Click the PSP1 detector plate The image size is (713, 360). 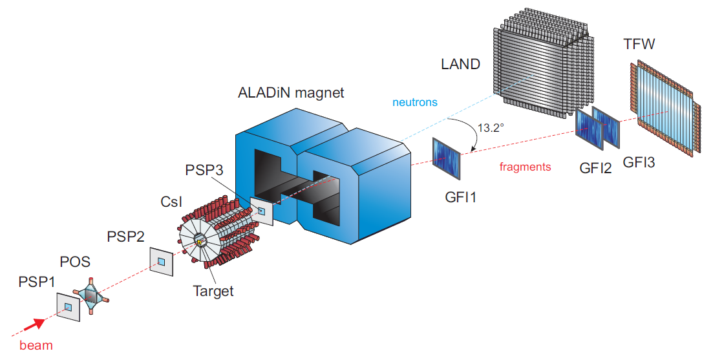click(x=68, y=308)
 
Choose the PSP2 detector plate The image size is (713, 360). click(x=162, y=261)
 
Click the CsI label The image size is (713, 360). click(x=171, y=202)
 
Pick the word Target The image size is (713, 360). click(x=213, y=291)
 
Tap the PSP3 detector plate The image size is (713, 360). click(x=262, y=211)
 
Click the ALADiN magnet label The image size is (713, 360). click(x=292, y=93)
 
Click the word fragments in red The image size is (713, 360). click(x=525, y=167)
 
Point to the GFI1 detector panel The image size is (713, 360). click(x=447, y=158)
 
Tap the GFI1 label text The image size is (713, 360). click(x=460, y=198)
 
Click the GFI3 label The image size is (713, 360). click(x=639, y=162)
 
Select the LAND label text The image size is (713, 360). click(x=460, y=64)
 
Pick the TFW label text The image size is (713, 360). click(x=639, y=45)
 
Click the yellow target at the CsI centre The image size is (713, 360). click(x=199, y=242)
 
